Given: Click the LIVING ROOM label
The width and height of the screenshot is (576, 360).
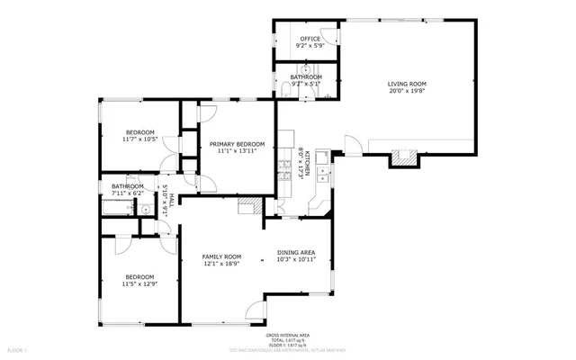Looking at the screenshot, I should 406,83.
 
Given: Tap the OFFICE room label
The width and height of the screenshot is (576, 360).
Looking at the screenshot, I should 310,39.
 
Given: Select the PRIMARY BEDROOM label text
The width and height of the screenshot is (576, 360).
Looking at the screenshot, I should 238,144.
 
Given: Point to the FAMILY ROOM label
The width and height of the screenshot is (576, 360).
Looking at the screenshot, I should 221,256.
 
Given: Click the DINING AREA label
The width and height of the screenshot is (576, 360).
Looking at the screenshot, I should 295,253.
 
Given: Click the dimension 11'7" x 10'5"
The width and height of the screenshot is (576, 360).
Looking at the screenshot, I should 140,139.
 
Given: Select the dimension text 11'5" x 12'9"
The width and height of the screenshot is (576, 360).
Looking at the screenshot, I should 139,283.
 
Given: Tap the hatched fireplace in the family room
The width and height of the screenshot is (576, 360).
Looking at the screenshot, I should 247,206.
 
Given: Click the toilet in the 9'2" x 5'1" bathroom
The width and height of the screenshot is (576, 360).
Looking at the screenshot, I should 285,87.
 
